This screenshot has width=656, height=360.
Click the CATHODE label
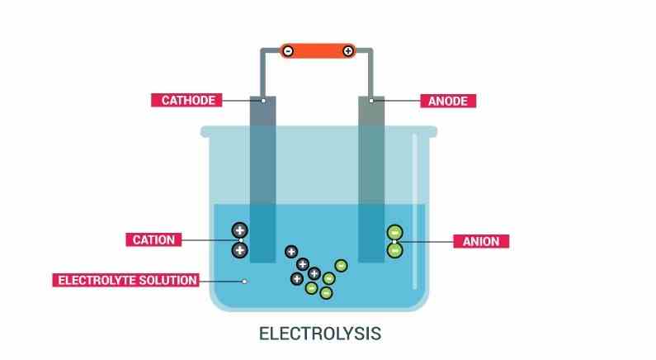coord(187,101)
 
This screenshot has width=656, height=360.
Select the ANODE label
coord(450,101)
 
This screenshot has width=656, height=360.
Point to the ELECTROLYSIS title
coord(320,334)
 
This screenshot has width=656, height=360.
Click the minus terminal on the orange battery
coord(288,51)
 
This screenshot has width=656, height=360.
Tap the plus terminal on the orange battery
coord(348,51)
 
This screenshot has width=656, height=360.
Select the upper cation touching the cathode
coord(239,231)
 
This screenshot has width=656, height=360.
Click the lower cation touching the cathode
coord(239,249)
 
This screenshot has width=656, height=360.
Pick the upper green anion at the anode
coord(395,232)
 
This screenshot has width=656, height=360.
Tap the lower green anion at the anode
coord(395,249)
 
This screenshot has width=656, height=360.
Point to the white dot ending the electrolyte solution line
coord(244,281)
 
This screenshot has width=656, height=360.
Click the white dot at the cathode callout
coord(263,101)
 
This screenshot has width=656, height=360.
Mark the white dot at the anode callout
coord(371,101)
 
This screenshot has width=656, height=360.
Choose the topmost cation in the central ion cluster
coord(290,252)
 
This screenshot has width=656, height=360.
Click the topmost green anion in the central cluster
coord(341,265)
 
